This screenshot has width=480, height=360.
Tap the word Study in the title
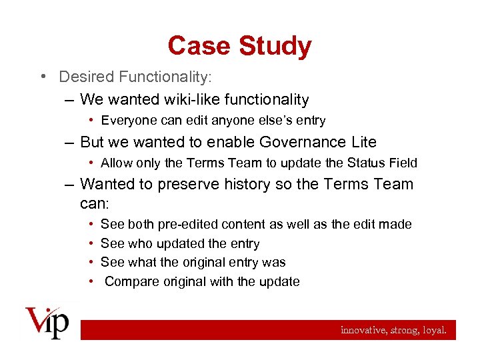275,46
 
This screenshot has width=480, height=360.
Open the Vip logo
47,322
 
